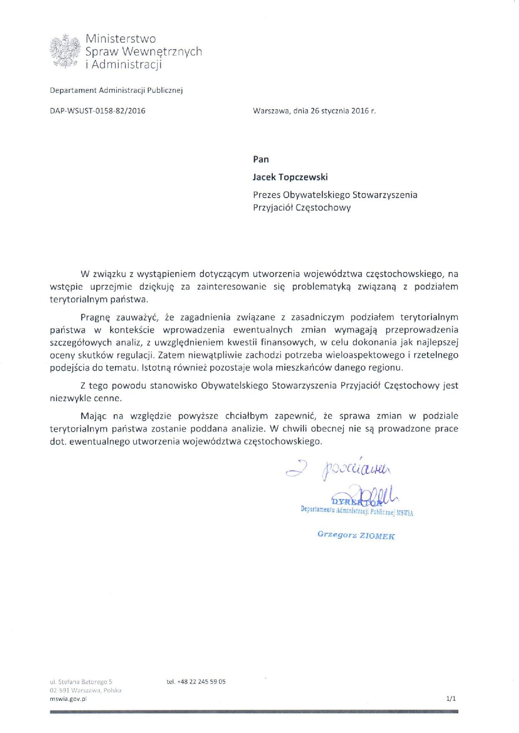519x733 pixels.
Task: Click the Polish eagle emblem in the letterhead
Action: coord(64,51)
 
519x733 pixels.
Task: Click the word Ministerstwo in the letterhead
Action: coord(120,39)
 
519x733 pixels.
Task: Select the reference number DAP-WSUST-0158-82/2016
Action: coord(97,111)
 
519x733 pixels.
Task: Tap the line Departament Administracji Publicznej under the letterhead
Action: coord(116,90)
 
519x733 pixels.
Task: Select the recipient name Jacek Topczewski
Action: coord(290,177)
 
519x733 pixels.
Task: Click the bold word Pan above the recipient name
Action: coord(261,159)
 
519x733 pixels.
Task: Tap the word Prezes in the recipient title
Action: coord(267,195)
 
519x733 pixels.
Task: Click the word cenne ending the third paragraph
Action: coord(109,398)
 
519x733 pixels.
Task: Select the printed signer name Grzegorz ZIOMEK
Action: coord(356,535)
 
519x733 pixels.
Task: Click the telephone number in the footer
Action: coord(196,682)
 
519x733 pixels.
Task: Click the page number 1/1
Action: coord(451,698)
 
